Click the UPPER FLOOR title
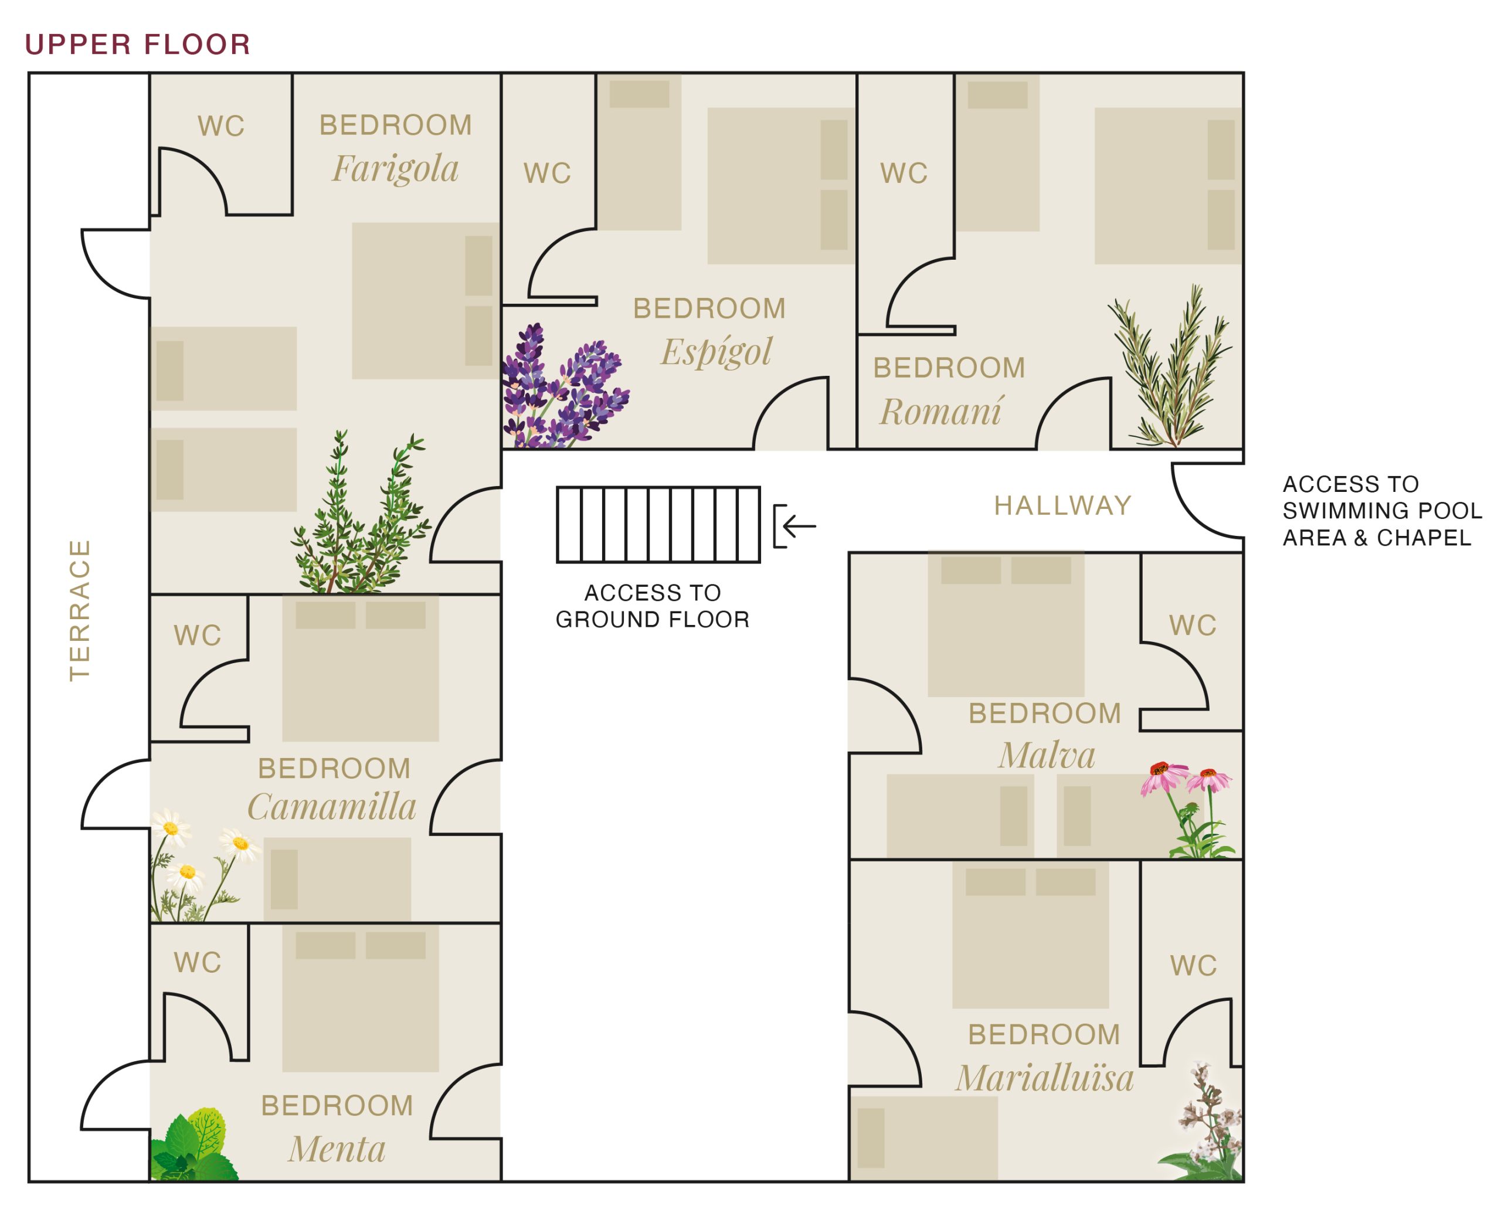click(137, 45)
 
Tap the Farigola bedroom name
click(395, 169)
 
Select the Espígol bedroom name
click(716, 352)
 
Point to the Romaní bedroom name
click(940, 411)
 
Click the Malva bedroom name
click(1047, 755)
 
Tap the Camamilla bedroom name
click(332, 807)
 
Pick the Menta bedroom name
click(337, 1150)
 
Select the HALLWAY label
click(1062, 506)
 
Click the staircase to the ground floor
click(658, 525)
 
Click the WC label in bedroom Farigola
click(220, 127)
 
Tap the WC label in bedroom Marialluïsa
click(1193, 966)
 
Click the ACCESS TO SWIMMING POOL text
click(1381, 511)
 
